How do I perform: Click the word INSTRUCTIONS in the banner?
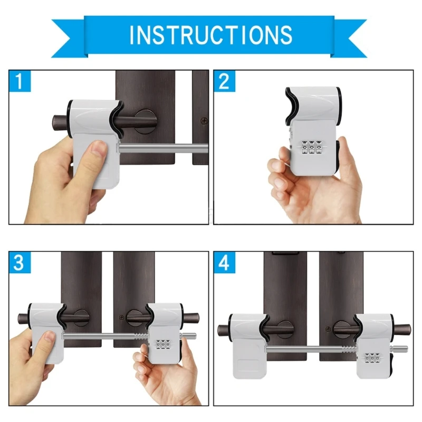(x=210, y=35)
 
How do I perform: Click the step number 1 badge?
(x=20, y=81)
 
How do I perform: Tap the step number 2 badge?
(x=224, y=81)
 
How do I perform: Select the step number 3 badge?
(x=20, y=262)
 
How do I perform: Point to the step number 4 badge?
(x=224, y=262)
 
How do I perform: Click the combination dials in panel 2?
(x=312, y=148)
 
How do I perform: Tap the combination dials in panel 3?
(x=164, y=345)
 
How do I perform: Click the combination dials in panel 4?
(x=372, y=359)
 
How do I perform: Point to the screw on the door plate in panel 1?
(x=205, y=121)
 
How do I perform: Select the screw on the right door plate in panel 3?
(x=122, y=318)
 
